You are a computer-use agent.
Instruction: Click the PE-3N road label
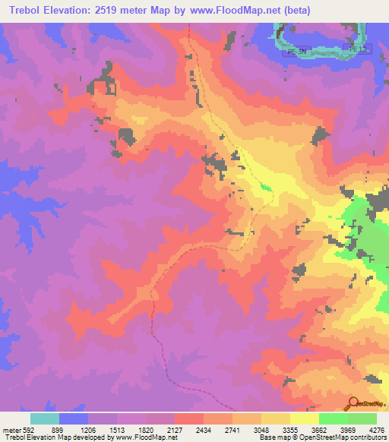click(296, 52)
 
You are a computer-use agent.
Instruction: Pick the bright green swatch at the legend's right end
click(362, 418)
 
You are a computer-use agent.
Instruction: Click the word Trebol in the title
click(25, 11)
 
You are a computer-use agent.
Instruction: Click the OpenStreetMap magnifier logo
click(355, 403)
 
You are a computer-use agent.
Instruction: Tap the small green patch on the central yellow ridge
click(264, 186)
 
